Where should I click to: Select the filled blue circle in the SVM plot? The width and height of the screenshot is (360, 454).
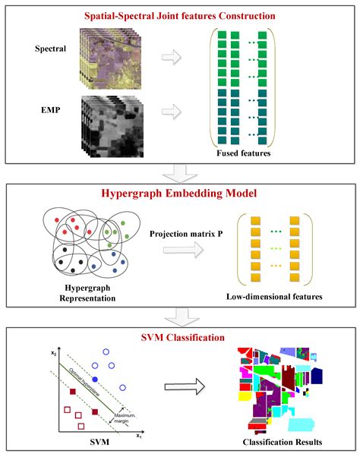coord(96,378)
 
